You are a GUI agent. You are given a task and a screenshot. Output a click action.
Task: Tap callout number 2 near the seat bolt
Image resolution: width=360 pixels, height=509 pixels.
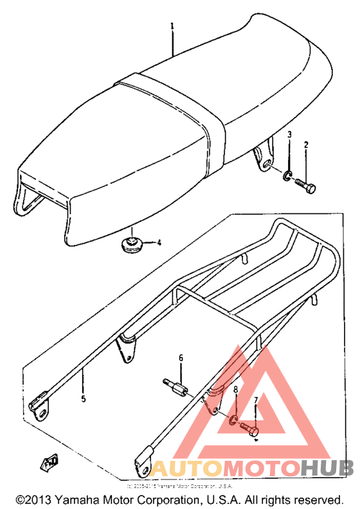tap(307, 145)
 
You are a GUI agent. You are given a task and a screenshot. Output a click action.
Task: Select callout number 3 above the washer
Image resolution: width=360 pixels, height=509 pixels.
tap(290, 135)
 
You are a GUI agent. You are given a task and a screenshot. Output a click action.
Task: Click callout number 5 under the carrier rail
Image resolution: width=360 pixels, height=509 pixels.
tap(83, 398)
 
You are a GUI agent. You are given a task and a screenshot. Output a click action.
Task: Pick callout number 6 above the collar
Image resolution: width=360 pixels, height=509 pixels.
tap(181, 358)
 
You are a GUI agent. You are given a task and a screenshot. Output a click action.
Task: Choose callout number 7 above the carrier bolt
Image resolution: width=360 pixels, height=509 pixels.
tap(256, 400)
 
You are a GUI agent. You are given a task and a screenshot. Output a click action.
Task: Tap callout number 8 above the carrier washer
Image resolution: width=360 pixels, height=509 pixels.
tap(236, 390)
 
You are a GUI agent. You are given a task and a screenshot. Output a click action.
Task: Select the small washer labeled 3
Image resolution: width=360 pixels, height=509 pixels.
tap(287, 174)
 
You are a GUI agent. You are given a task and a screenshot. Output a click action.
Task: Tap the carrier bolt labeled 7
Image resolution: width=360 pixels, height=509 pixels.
tap(250, 428)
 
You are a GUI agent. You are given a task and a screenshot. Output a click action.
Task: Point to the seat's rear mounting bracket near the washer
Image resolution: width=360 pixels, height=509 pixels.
tap(263, 159)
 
